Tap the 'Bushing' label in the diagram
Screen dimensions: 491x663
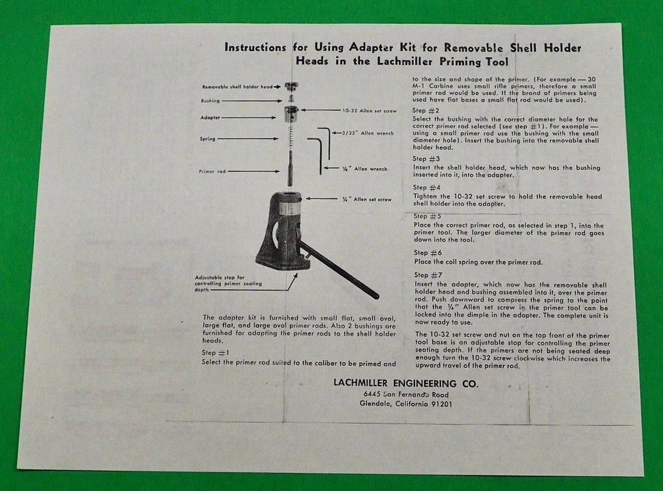click(x=211, y=101)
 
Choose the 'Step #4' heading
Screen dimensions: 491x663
click(x=426, y=188)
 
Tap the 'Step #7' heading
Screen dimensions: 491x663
click(x=426, y=274)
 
